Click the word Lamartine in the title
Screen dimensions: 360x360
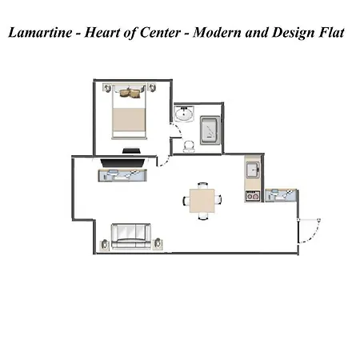pos(40,33)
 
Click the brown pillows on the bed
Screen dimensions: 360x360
pos(130,93)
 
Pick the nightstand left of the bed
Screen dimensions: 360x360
pos(107,87)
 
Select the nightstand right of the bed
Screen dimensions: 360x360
pos(152,87)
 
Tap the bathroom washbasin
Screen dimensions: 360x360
pos(184,114)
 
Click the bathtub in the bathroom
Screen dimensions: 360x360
pos(210,130)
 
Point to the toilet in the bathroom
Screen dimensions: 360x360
pos(189,146)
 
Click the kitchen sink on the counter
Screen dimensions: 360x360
pos(253,170)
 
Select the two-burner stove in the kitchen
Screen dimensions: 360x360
pos(253,196)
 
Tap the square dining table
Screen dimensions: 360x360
pos(202,201)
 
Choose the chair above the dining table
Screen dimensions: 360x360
pos(202,186)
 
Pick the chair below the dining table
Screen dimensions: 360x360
pos(202,216)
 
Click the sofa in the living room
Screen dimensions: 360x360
pos(131,237)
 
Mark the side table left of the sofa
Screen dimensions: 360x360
pos(105,244)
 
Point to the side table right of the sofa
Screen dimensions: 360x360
pos(158,244)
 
